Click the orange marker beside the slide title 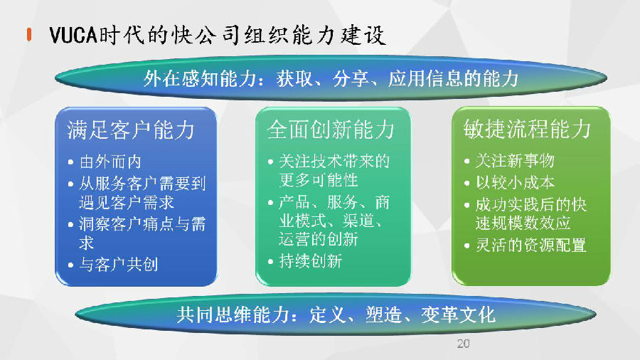tap(29, 34)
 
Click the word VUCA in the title tap(73, 35)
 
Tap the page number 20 tap(463, 344)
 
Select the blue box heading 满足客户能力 tap(131, 130)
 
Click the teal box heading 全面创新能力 tap(330, 129)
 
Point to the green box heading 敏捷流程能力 tap(527, 129)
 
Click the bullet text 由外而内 tap(110, 162)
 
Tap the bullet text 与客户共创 tap(118, 265)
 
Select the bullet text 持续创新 tap(310, 261)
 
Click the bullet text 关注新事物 tap(515, 161)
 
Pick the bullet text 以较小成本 tap(515, 182)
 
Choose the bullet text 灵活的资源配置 tap(530, 245)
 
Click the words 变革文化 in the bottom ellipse tap(459, 314)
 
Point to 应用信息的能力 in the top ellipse tap(454, 78)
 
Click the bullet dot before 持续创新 tap(270, 262)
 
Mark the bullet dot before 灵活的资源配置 tap(467, 245)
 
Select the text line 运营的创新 tap(319, 239)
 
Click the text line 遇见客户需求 tap(127, 203)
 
